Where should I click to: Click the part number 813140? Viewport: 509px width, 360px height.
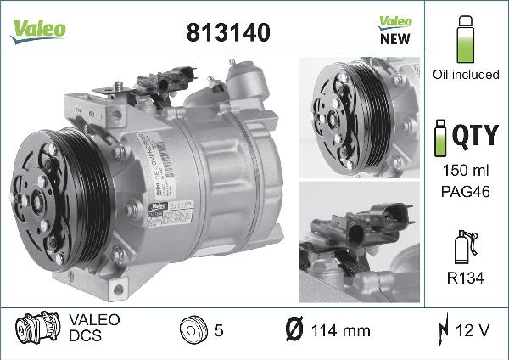[227, 32]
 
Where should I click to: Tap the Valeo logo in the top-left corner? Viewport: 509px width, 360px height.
[37, 28]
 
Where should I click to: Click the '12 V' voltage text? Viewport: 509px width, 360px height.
[470, 329]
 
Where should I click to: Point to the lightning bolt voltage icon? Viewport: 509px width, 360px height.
[442, 329]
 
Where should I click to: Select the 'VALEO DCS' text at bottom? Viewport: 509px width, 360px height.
[94, 329]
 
